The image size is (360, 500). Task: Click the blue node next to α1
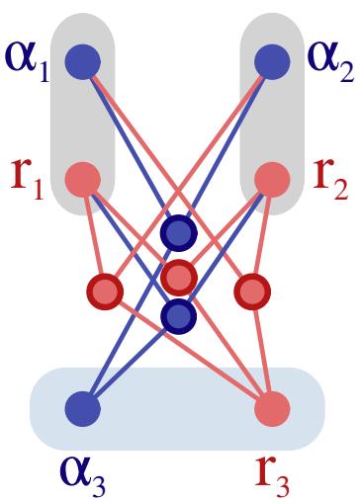click(x=83, y=62)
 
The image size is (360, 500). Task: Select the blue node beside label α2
click(x=272, y=62)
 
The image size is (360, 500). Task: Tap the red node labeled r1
click(x=83, y=180)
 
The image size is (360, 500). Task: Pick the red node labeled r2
click(x=272, y=180)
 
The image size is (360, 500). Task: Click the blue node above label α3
click(x=83, y=407)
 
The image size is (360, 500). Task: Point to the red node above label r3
click(x=272, y=407)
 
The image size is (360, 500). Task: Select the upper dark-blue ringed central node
click(x=178, y=233)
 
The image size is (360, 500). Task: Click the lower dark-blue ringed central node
click(x=178, y=315)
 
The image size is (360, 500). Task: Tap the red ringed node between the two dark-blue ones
click(x=178, y=275)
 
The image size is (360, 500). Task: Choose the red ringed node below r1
click(x=104, y=291)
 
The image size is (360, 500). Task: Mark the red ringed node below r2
click(x=252, y=291)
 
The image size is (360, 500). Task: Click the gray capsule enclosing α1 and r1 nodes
click(x=83, y=119)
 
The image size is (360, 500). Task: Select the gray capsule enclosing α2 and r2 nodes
click(x=272, y=119)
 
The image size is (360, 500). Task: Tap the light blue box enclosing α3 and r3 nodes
click(x=178, y=407)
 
